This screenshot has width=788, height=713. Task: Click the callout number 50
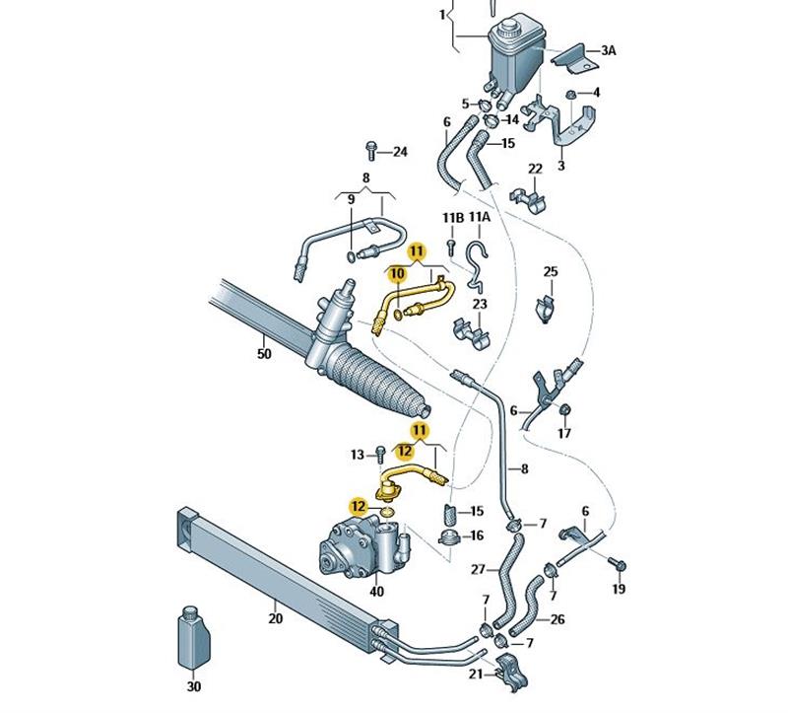(x=264, y=353)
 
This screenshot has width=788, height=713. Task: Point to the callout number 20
(x=276, y=618)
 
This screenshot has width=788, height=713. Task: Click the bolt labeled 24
(x=371, y=151)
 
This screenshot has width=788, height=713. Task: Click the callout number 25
(x=551, y=271)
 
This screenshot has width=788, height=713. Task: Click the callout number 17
(x=563, y=432)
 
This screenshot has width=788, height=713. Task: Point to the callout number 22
(x=535, y=169)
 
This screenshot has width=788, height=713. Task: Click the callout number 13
(x=358, y=454)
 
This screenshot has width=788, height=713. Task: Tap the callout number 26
(x=558, y=620)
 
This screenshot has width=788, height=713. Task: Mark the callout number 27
(x=479, y=569)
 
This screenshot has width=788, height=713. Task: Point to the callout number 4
(x=596, y=94)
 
